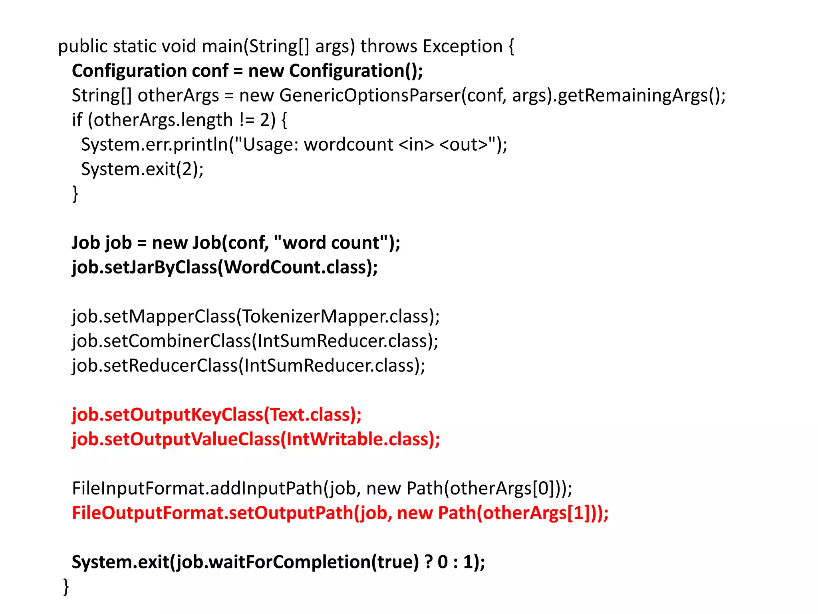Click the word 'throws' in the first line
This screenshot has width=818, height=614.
pos(388,46)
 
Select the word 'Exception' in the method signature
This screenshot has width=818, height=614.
pos(463,46)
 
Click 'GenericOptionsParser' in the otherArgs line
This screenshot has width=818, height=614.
pos(369,96)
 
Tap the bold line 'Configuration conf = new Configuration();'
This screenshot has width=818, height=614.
pos(247,71)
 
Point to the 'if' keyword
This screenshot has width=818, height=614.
pos(77,120)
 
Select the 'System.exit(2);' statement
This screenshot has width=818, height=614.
pos(142,169)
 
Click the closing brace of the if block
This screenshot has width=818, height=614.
pos(75,194)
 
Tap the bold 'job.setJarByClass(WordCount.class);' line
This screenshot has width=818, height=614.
pos(224,267)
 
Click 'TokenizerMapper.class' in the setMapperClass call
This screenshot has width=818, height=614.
pos(335,317)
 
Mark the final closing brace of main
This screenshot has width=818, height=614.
pos(66,587)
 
